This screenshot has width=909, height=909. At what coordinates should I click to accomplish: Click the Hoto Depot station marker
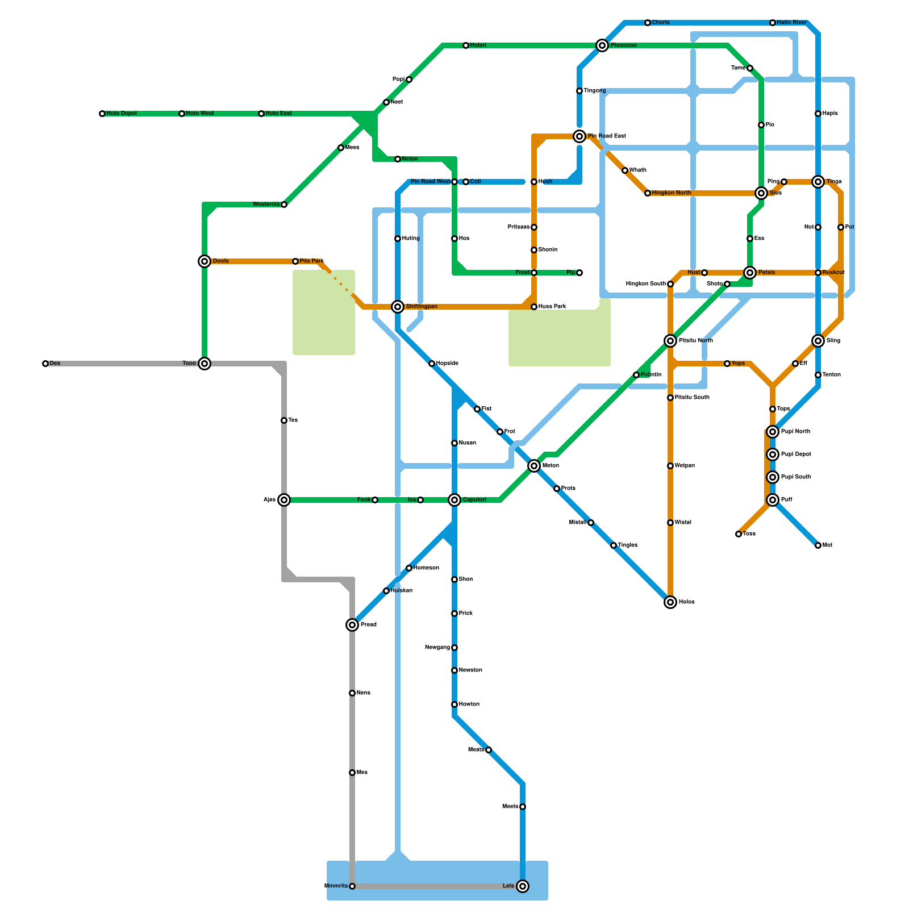[102, 114]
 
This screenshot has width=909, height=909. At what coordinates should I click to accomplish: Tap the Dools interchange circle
[205, 261]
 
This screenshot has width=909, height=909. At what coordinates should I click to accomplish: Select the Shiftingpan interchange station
[398, 307]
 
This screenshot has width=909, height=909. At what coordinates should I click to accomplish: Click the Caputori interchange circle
[454, 500]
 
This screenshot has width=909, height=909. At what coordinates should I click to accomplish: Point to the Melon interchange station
[534, 466]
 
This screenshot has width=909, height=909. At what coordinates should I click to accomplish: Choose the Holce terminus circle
[670, 602]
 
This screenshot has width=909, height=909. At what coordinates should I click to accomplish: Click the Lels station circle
[523, 886]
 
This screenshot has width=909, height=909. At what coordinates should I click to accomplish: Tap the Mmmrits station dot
[352, 886]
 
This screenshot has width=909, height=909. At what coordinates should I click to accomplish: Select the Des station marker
[45, 364]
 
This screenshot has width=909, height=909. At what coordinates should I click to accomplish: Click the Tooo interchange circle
[205, 364]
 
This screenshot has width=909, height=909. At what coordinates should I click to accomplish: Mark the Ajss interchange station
[284, 500]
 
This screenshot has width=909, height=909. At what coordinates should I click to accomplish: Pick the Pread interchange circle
[352, 625]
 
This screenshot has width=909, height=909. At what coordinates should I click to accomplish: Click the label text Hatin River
[792, 23]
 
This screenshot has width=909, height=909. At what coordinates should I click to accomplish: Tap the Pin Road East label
[607, 136]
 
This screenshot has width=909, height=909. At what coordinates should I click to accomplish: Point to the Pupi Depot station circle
[773, 454]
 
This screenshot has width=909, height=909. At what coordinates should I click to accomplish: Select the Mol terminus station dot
[818, 545]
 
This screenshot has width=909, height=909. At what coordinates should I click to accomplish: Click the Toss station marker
[739, 534]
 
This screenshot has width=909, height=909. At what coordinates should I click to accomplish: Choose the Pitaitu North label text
[696, 341]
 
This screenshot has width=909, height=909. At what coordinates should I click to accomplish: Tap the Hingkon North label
[672, 193]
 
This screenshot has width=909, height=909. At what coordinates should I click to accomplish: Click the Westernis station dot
[284, 205]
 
